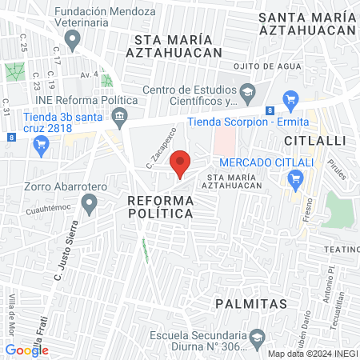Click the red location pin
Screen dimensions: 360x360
click(x=181, y=162)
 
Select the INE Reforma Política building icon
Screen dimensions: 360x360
click(x=119, y=118)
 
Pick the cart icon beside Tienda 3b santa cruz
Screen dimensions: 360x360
click(x=42, y=144)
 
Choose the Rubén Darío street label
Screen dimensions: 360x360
click(x=307, y=299)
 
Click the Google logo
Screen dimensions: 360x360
click(x=27, y=350)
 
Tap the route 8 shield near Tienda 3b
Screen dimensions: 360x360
click(x=10, y=137)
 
